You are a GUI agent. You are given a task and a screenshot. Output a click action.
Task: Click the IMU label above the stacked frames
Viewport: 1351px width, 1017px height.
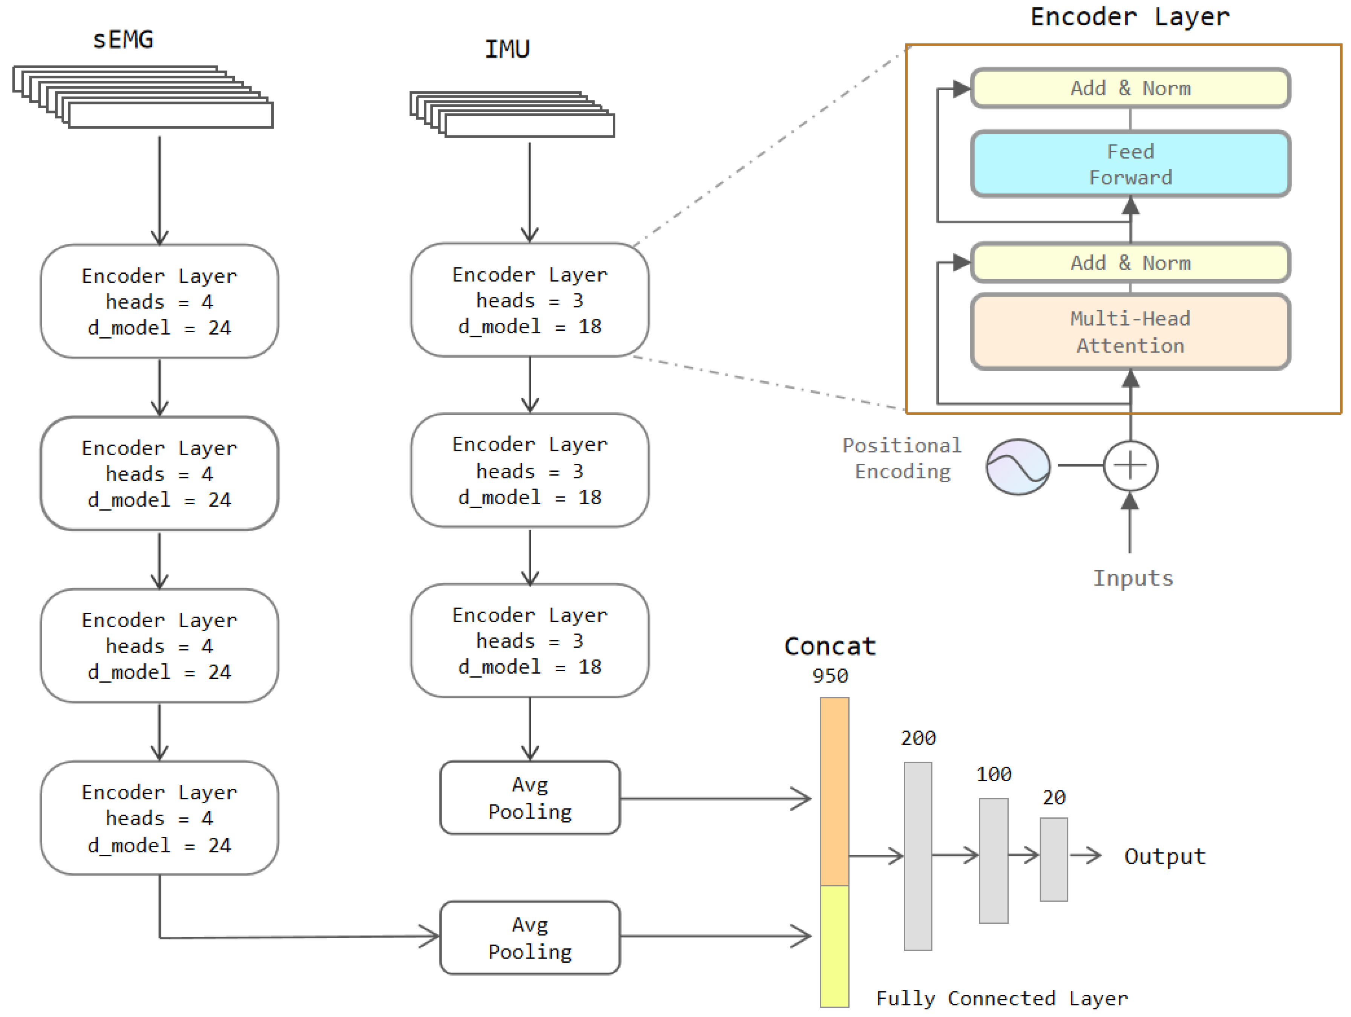(x=507, y=49)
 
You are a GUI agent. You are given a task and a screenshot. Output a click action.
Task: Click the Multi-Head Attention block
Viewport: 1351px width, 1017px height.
(x=1130, y=332)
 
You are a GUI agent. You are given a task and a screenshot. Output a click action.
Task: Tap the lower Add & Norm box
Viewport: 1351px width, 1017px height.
(x=1130, y=263)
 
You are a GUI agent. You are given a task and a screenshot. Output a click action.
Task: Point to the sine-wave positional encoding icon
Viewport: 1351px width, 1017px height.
(x=1018, y=467)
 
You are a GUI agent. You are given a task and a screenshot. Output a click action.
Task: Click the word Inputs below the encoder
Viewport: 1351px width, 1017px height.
(x=1133, y=578)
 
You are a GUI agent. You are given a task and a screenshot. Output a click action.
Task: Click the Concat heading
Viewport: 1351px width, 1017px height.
(x=830, y=646)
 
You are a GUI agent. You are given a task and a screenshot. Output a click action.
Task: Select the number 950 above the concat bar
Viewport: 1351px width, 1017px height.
(x=830, y=676)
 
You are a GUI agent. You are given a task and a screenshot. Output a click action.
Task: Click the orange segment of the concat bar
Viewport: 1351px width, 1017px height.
(x=834, y=791)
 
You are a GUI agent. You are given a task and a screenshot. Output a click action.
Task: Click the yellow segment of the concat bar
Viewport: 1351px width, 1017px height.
(x=834, y=945)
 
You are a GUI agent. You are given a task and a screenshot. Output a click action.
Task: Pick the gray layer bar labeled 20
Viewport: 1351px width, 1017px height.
(x=1054, y=859)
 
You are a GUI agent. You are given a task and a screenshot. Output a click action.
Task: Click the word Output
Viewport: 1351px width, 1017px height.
(x=1165, y=856)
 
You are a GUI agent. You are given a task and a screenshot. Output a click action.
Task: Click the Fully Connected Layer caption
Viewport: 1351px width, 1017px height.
(x=1001, y=998)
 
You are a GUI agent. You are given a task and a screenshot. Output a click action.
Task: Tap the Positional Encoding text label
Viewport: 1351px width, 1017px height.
(x=902, y=458)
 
